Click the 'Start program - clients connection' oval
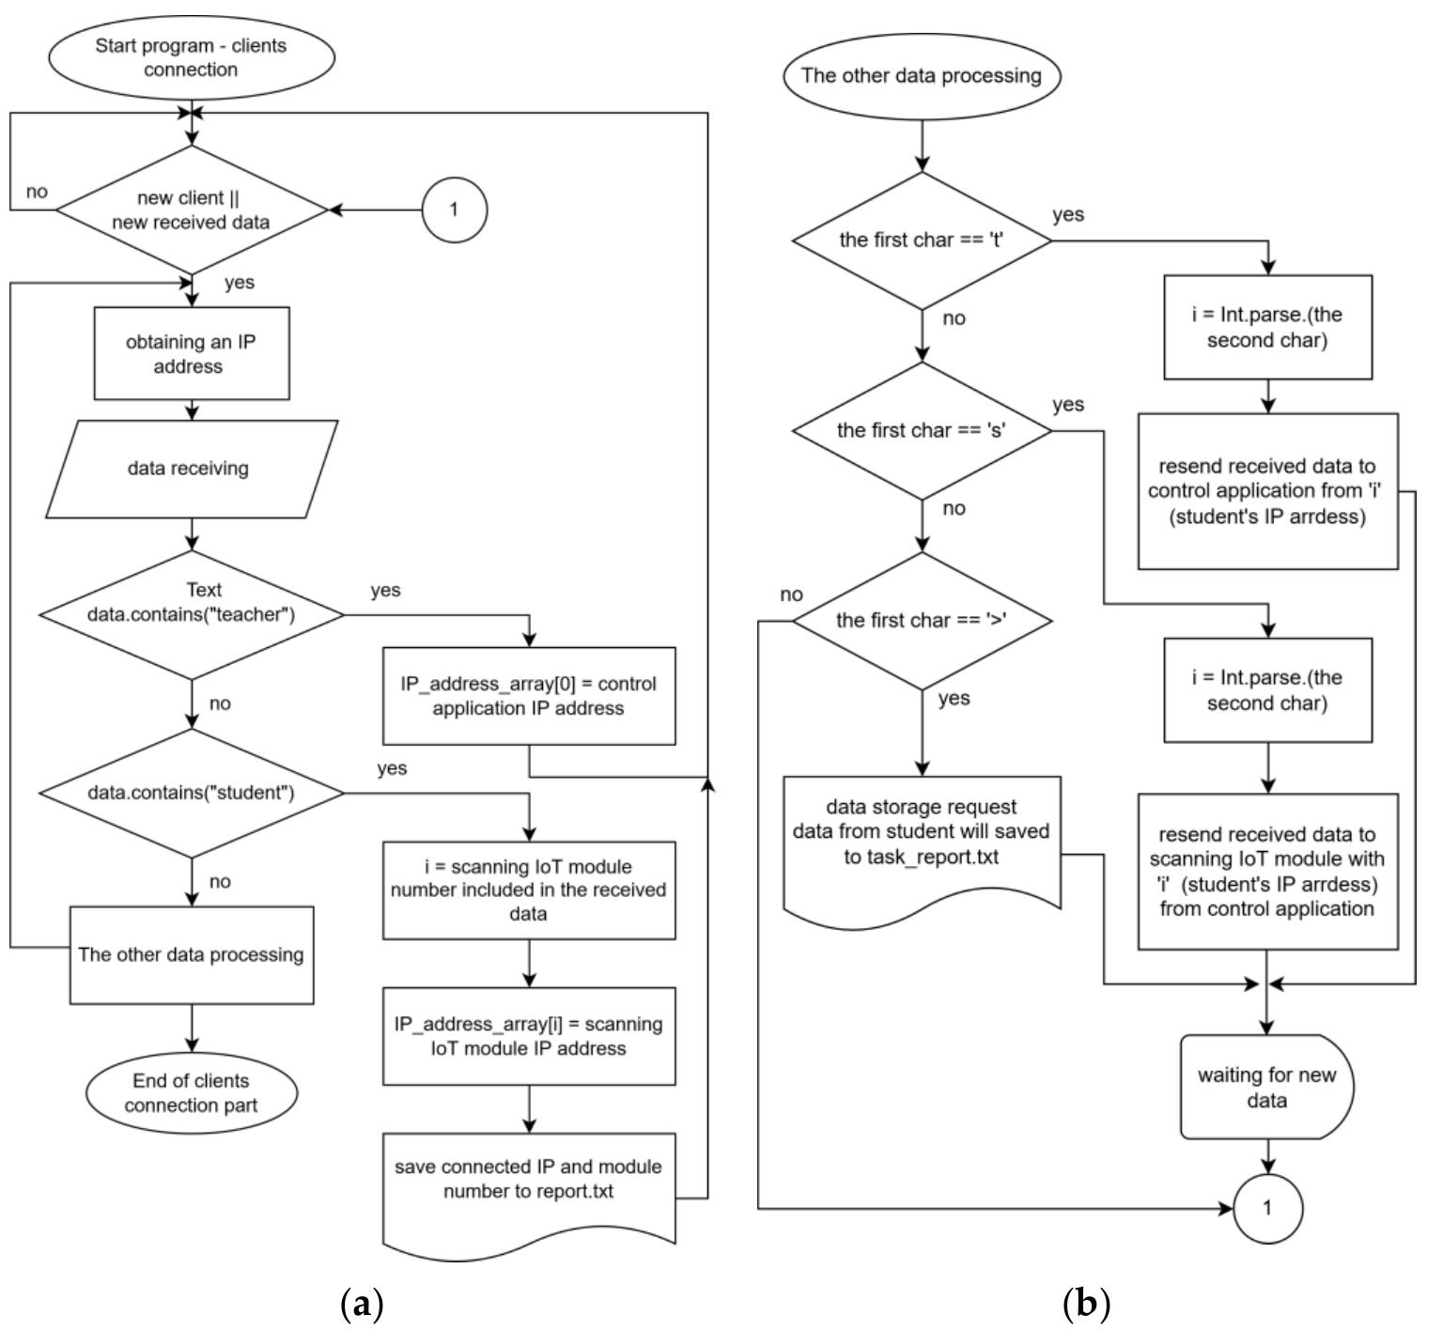(191, 57)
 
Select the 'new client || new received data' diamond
(192, 210)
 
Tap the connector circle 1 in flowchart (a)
(454, 209)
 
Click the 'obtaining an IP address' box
(192, 354)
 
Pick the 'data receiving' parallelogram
(191, 468)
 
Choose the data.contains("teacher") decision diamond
(192, 614)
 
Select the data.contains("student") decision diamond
(192, 793)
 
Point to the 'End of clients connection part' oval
(191, 1092)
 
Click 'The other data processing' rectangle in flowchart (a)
(192, 954)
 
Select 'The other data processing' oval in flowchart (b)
(921, 75)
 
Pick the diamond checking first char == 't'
(922, 240)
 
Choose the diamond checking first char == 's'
(922, 430)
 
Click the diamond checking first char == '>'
(922, 620)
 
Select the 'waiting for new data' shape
(1266, 1088)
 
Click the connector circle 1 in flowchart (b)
(1267, 1208)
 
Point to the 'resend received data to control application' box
(1267, 491)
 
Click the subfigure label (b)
(1086, 1304)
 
